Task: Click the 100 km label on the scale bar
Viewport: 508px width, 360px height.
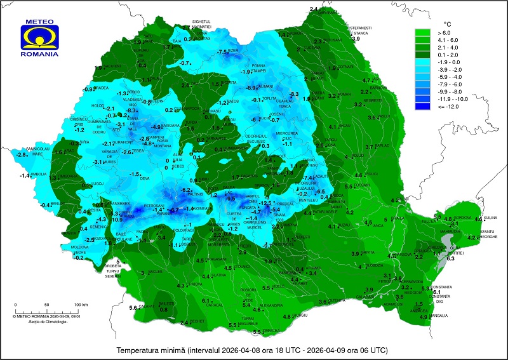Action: [x=79, y=305]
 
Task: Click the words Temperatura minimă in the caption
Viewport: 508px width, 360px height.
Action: [x=150, y=350]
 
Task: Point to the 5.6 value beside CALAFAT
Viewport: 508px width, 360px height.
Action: [x=133, y=308]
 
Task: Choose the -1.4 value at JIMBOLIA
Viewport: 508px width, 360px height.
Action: [x=25, y=175]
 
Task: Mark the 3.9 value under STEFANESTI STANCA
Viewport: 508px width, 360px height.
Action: [x=356, y=39]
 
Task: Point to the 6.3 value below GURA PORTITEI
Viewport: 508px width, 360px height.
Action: [x=451, y=258]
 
